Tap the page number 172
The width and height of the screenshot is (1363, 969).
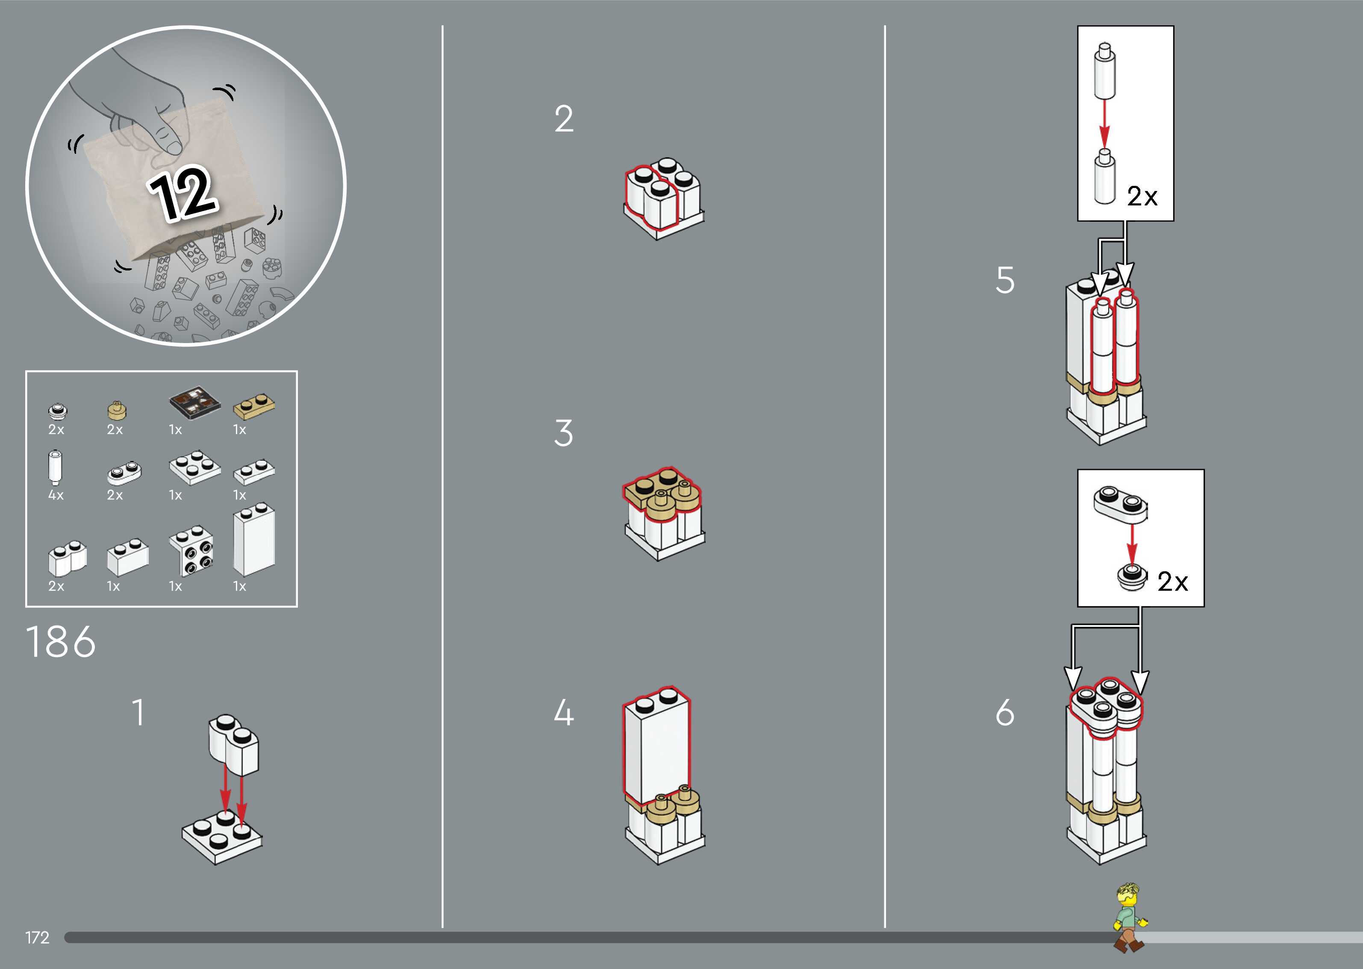(x=37, y=937)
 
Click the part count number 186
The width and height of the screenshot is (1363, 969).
(x=60, y=643)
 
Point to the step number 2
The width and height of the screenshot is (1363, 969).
(x=563, y=119)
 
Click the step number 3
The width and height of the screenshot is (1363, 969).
(x=563, y=433)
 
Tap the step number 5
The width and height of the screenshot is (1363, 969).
(x=1005, y=280)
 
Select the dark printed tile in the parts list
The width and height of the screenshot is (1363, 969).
(x=194, y=402)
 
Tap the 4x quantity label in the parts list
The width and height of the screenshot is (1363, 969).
(x=56, y=495)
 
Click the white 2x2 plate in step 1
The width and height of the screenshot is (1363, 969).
(x=222, y=838)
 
